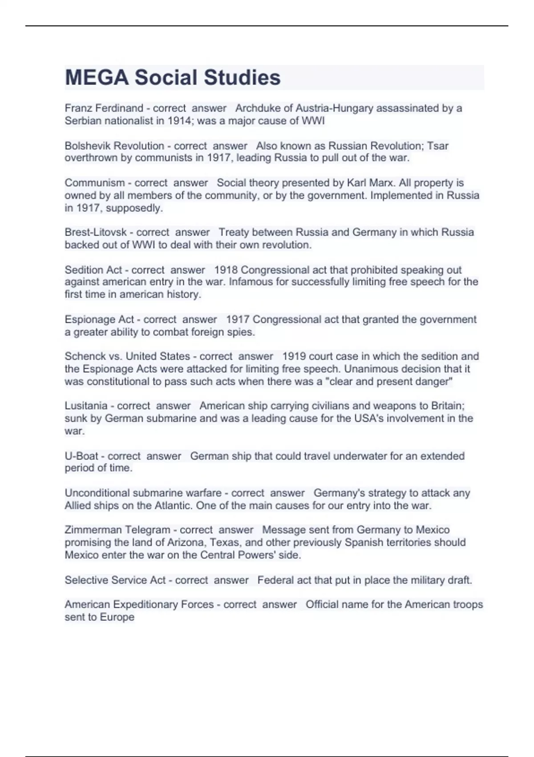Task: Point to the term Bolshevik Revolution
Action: pyautogui.click(x=114, y=146)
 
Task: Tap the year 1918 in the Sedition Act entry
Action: pyautogui.click(x=226, y=270)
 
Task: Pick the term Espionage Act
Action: pyautogui.click(x=99, y=319)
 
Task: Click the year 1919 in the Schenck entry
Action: pyautogui.click(x=294, y=356)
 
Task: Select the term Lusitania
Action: pyautogui.click(x=86, y=406)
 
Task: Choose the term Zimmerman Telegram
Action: pyautogui.click(x=117, y=530)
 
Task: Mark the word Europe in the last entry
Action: pyautogui.click(x=117, y=617)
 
